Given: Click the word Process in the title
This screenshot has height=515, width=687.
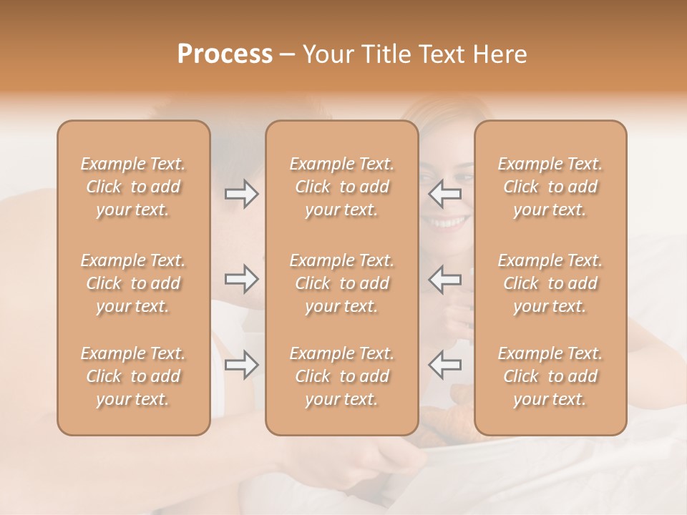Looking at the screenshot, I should [x=225, y=54].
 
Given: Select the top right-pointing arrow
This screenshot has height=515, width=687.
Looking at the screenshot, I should [x=242, y=193].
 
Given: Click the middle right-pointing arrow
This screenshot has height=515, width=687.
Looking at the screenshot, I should [x=242, y=279].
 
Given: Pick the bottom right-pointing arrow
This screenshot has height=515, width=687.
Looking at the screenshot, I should [x=242, y=365].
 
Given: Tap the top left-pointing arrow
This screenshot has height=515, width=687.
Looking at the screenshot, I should [x=445, y=193].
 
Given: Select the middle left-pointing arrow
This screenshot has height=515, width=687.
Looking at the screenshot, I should [x=445, y=279].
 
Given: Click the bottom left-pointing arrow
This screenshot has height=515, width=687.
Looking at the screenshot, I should [x=445, y=365].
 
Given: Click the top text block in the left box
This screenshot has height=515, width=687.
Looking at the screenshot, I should [x=133, y=187].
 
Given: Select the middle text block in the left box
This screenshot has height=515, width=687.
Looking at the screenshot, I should [x=133, y=283].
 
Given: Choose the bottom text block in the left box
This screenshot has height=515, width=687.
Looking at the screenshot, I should [x=133, y=376].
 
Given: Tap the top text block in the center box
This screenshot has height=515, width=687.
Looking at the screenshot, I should [x=342, y=187].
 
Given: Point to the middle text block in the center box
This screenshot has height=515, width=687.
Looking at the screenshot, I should [x=342, y=283].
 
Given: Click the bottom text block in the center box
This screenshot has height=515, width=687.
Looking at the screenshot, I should [x=342, y=376].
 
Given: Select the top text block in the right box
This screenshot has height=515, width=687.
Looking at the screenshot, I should [x=550, y=187].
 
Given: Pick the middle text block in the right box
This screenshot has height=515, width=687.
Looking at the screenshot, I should [x=550, y=283].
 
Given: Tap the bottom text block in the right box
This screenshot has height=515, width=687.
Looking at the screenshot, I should [x=550, y=376].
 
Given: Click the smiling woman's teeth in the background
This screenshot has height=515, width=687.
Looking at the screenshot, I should [x=447, y=222].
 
